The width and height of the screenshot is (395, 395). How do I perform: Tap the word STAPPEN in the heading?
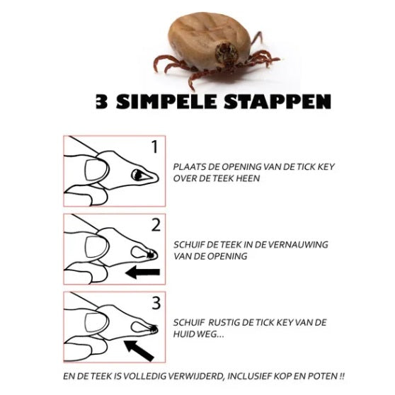(x=277, y=102)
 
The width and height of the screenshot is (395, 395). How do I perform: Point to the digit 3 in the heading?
(x=101, y=102)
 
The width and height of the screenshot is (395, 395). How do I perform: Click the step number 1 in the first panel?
(x=155, y=147)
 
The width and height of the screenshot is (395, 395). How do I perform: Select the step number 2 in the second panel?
(x=156, y=225)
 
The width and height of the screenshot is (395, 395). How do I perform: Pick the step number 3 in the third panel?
(x=156, y=303)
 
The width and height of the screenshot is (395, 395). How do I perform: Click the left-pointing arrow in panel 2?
(x=142, y=272)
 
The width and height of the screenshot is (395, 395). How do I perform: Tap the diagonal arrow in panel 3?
(x=139, y=350)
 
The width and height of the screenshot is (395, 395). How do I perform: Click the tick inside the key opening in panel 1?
(x=138, y=175)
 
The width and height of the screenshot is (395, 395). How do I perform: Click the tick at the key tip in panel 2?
(x=151, y=255)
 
